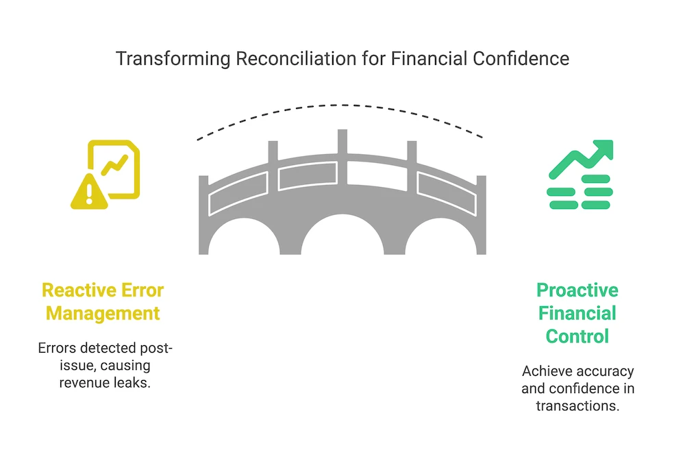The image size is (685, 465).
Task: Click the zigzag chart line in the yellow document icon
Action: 114,165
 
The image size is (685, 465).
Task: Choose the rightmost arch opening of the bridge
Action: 446,240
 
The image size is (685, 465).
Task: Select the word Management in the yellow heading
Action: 103,314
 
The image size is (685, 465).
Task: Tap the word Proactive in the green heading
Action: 577,290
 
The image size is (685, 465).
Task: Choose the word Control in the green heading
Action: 577,336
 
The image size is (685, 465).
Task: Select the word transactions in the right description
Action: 577,405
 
